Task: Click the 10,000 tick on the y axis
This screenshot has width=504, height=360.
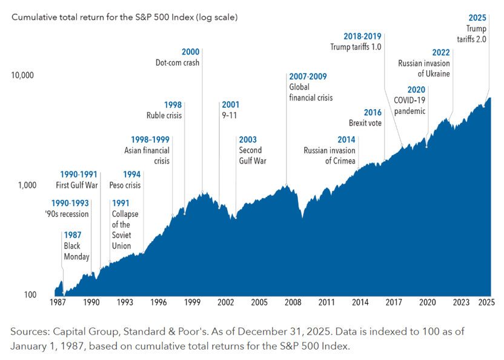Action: pos(22,75)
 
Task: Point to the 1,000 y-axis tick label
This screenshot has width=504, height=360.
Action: pos(27,185)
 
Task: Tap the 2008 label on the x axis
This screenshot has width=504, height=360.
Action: pos(293,302)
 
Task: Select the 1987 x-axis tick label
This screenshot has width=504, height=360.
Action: pos(58,302)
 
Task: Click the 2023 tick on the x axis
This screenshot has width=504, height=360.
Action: pos(461,302)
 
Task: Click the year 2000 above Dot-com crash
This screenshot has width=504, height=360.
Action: pos(190,52)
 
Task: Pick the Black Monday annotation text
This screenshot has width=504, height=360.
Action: pos(76,252)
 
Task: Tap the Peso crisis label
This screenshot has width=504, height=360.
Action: pos(125,185)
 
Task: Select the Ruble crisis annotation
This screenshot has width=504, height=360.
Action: pos(164,116)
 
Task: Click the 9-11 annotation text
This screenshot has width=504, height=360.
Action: pos(230,116)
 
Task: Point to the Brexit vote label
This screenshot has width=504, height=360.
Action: pos(365,123)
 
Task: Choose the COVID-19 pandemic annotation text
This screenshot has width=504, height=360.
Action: pos(409,105)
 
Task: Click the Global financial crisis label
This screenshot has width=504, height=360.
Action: pos(311,92)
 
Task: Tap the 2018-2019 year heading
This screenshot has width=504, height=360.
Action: pos(362,36)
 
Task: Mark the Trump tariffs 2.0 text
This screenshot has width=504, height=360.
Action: pos(471,34)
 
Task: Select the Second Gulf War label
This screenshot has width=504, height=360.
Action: pos(253,155)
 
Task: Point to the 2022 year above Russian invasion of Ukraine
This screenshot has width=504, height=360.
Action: pos(440,53)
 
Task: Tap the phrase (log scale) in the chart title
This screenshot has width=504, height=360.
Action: pos(217,17)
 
